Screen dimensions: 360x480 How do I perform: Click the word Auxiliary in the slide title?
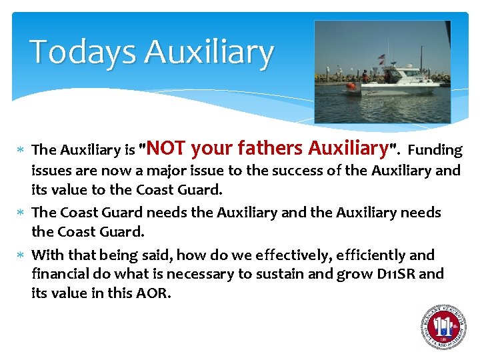[x=208, y=52]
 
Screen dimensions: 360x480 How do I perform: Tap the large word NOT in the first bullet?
[x=171, y=148]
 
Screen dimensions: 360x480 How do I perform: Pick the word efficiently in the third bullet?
[x=370, y=255]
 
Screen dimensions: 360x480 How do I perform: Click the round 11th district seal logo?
[x=443, y=327]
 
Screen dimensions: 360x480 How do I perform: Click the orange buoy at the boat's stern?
[x=351, y=85]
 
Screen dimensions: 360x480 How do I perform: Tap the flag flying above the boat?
[x=381, y=57]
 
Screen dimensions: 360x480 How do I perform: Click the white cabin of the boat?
[x=407, y=74]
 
